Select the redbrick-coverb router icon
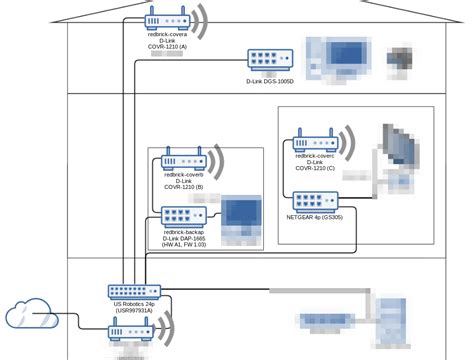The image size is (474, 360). pyautogui.click(x=183, y=159)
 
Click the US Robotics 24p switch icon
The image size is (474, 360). pyautogui.click(x=134, y=292)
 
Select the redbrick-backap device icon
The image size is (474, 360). pyautogui.click(x=182, y=216)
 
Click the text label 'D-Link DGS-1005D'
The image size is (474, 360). pyautogui.click(x=271, y=81)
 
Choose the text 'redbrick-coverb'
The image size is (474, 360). pyautogui.click(x=183, y=174)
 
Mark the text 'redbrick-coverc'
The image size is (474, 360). pyautogui.click(x=315, y=156)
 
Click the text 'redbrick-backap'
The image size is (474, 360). pyautogui.click(x=183, y=231)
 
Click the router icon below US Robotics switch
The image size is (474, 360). pyautogui.click(x=131, y=331)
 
